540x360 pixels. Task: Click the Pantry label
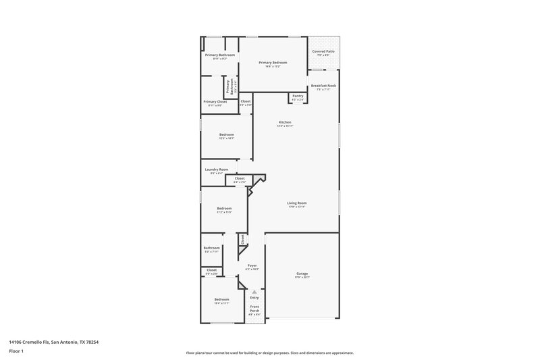tap(298, 96)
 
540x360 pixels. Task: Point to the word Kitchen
tap(285, 122)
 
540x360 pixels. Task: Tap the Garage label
tap(302, 274)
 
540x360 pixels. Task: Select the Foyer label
tap(252, 265)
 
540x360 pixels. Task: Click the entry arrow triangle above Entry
tap(254, 291)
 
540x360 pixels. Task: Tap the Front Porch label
tap(254, 309)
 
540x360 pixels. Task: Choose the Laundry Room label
tap(216, 170)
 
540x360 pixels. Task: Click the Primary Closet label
tap(215, 101)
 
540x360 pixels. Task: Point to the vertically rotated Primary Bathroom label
tap(229, 86)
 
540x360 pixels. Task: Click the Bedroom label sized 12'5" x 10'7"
tap(226, 134)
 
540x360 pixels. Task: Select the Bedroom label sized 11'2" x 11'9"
tap(224, 208)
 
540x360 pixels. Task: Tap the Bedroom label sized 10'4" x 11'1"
tap(221, 299)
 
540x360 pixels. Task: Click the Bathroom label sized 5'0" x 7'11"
tap(211, 248)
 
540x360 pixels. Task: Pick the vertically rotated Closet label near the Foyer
tap(242, 239)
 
